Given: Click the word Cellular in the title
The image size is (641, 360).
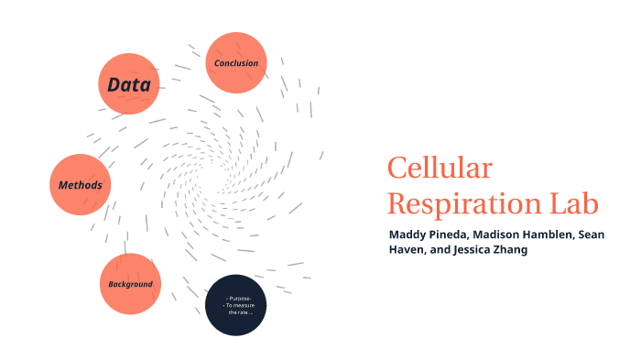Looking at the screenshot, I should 440,169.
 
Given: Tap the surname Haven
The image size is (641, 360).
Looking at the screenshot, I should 406,249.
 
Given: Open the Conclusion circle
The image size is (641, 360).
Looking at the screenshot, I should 235,63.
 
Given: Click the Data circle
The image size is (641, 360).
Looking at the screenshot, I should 129,84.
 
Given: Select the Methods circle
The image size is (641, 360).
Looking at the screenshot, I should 80,185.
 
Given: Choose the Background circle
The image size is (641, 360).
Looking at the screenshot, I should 130,284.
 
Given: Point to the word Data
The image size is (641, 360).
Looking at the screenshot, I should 129,85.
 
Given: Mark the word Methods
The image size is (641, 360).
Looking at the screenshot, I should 80,185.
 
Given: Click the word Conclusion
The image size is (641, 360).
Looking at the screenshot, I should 235,63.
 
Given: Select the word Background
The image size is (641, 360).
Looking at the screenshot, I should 130,284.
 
